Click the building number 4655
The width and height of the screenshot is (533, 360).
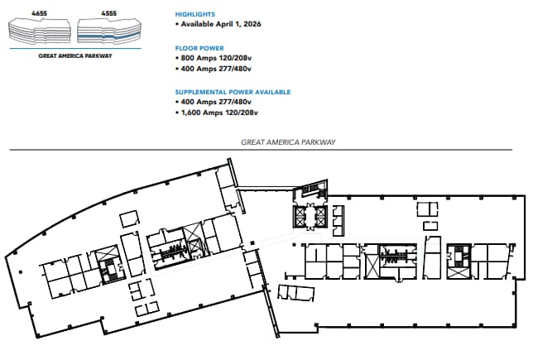coord(39,14)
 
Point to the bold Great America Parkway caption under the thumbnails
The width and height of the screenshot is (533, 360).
coord(74,55)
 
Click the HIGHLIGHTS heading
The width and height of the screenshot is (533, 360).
coord(195,14)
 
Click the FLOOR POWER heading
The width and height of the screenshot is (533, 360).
coord(199,48)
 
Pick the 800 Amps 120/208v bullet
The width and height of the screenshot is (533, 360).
coord(217,59)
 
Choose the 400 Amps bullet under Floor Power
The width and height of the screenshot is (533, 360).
coord(217,70)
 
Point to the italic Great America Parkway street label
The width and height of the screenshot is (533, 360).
coord(288,142)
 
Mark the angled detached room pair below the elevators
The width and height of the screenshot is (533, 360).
coord(295,293)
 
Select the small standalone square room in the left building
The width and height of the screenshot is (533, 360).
coord(128,219)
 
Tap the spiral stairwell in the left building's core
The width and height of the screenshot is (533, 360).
coord(105,262)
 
